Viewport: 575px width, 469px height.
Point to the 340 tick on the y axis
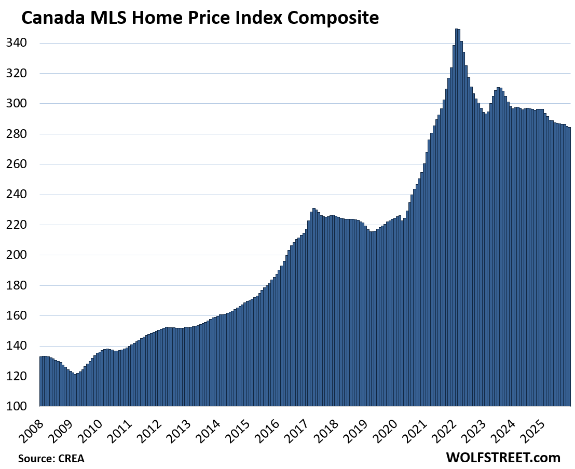point(17,43)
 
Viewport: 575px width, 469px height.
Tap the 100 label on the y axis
point(17,406)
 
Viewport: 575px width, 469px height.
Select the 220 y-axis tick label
point(17,225)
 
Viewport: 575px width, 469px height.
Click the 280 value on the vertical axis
point(17,134)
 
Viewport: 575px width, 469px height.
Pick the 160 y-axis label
point(17,315)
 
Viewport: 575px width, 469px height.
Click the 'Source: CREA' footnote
point(51,459)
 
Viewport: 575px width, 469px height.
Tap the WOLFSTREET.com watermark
point(503,458)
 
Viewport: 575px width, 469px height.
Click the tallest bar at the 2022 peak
point(456,218)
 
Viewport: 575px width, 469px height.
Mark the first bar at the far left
point(41,381)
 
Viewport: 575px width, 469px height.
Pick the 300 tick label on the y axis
point(17,104)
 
